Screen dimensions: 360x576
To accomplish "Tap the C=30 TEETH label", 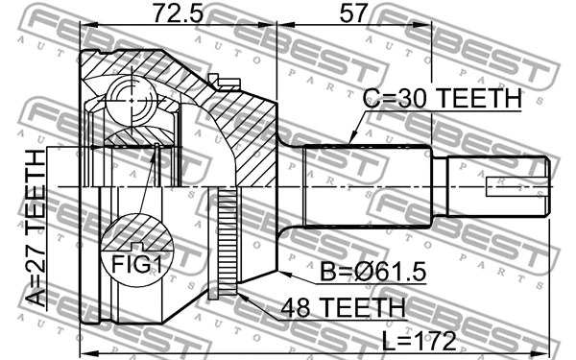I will coord(441,98).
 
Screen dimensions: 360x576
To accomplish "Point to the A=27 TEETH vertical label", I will coord(35,228).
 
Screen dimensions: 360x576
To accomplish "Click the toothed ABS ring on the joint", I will coord(227,245).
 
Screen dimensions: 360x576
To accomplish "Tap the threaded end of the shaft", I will coord(499,184).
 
